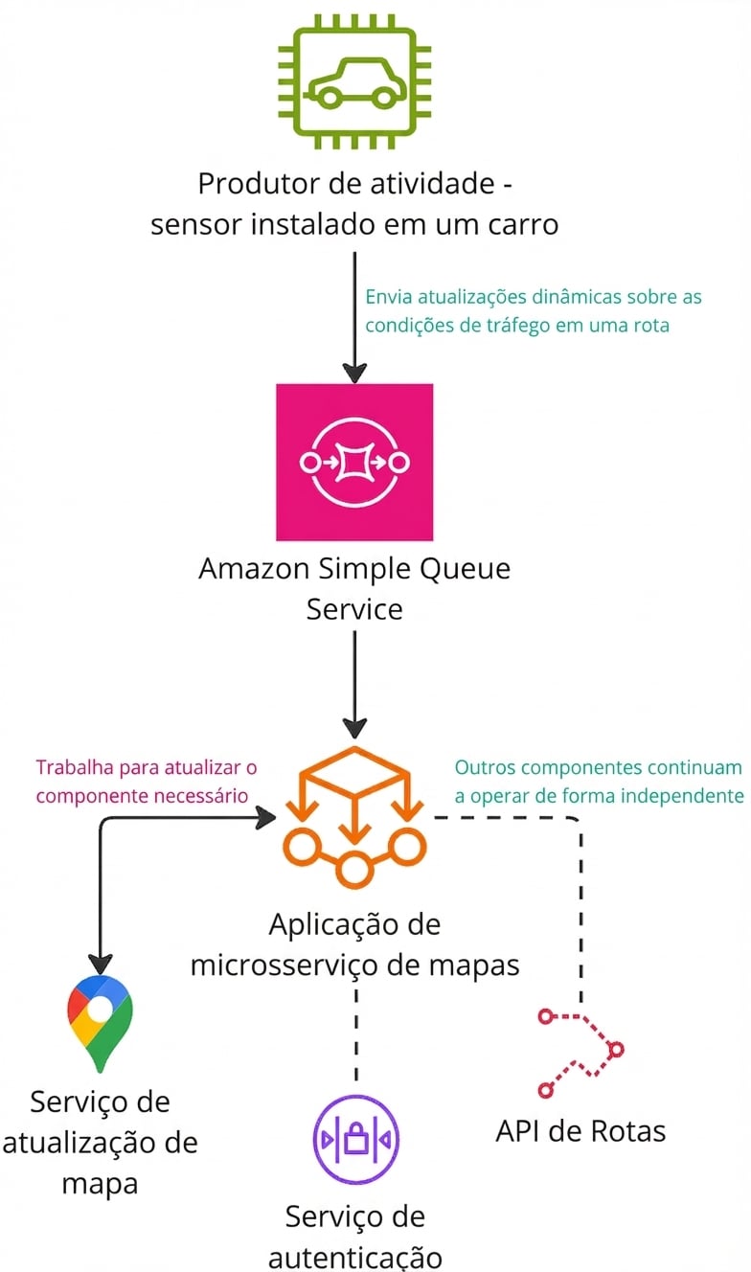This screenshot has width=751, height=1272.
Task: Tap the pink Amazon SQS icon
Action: click(354, 463)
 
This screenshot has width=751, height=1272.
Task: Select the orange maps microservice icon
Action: click(354, 814)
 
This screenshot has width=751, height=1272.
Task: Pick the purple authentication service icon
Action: click(356, 1140)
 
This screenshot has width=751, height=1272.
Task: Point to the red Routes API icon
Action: click(580, 1054)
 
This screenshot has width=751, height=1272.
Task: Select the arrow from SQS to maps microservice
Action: click(354, 680)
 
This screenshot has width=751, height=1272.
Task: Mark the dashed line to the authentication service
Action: click(356, 1034)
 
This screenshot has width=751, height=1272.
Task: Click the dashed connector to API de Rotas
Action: click(580, 900)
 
